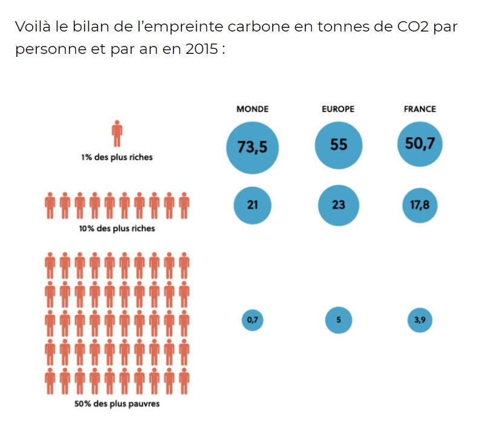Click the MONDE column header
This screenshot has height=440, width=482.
(252, 109)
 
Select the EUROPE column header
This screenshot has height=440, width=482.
(338, 109)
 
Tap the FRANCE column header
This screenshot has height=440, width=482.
(420, 109)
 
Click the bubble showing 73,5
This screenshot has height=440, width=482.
(253, 147)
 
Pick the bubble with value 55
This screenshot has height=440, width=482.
(339, 145)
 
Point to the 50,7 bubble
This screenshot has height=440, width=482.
(420, 144)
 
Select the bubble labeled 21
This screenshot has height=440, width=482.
(253, 205)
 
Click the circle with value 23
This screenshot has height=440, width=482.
(339, 205)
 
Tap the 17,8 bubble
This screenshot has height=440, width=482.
(420, 205)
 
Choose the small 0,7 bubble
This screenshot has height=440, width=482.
(253, 320)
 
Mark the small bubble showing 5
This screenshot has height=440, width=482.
(339, 320)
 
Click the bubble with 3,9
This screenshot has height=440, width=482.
(420, 320)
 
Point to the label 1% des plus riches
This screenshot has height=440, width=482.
(117, 157)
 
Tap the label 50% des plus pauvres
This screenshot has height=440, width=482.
(117, 403)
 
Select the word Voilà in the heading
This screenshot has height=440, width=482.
(34, 28)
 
